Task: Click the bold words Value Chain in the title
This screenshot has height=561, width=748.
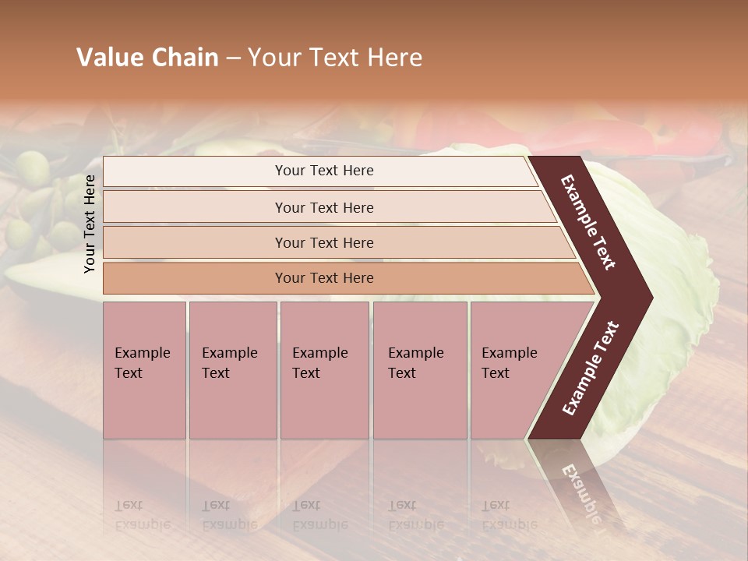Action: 147,58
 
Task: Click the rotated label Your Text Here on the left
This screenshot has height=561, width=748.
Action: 90,224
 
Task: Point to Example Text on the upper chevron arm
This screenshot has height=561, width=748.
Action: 588,222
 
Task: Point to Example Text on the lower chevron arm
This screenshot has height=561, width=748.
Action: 591,368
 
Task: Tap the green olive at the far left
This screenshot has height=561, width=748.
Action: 32,168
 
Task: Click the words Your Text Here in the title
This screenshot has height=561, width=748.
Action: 334,58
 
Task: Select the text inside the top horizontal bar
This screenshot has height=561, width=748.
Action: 324,171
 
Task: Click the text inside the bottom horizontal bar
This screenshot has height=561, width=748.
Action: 324,278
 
